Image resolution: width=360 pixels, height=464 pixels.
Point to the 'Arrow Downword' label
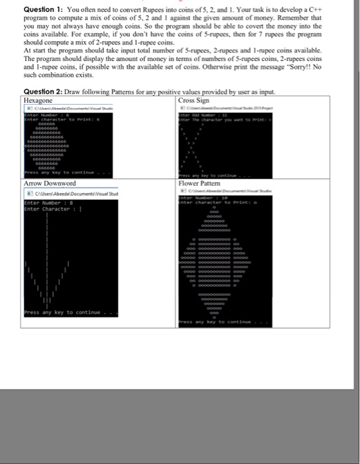pyautogui.click(x=50, y=183)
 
